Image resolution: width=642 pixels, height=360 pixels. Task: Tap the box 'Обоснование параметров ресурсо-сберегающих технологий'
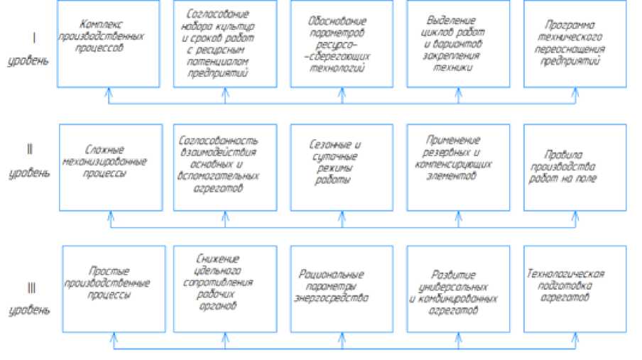[x=341, y=44]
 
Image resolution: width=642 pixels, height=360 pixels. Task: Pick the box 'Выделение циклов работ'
[x=458, y=44]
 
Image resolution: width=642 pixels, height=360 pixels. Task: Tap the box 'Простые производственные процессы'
[x=108, y=287]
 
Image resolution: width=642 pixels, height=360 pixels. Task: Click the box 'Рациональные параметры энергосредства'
[x=341, y=287]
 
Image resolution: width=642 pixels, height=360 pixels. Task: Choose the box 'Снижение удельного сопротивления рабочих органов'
[x=224, y=287]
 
